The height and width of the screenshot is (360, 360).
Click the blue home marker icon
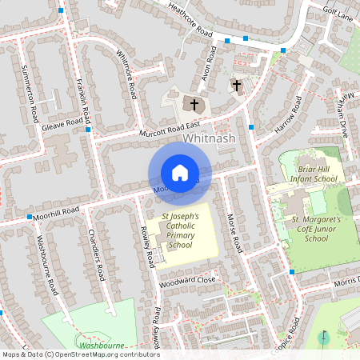pyautogui.click(x=180, y=173)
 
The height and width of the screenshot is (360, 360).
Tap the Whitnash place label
pyautogui.click(x=208, y=138)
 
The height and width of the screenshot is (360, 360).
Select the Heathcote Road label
pyautogui.click(x=191, y=21)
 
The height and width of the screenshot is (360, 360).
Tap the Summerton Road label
pyautogui.click(x=31, y=92)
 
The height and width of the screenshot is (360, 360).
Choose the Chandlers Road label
pyautogui.click(x=97, y=257)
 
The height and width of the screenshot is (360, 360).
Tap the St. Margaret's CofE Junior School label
pyautogui.click(x=317, y=228)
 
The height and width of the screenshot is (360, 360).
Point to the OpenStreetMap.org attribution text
pyautogui.click(x=80, y=354)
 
